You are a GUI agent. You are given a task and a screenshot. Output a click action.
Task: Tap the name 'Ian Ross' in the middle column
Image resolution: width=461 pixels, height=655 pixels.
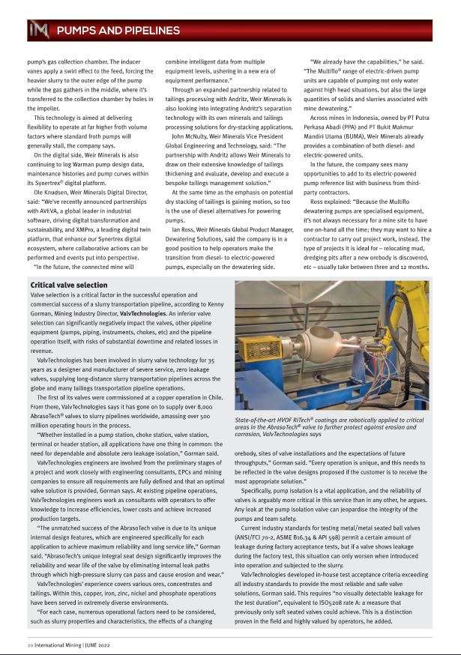[x=184, y=208]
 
